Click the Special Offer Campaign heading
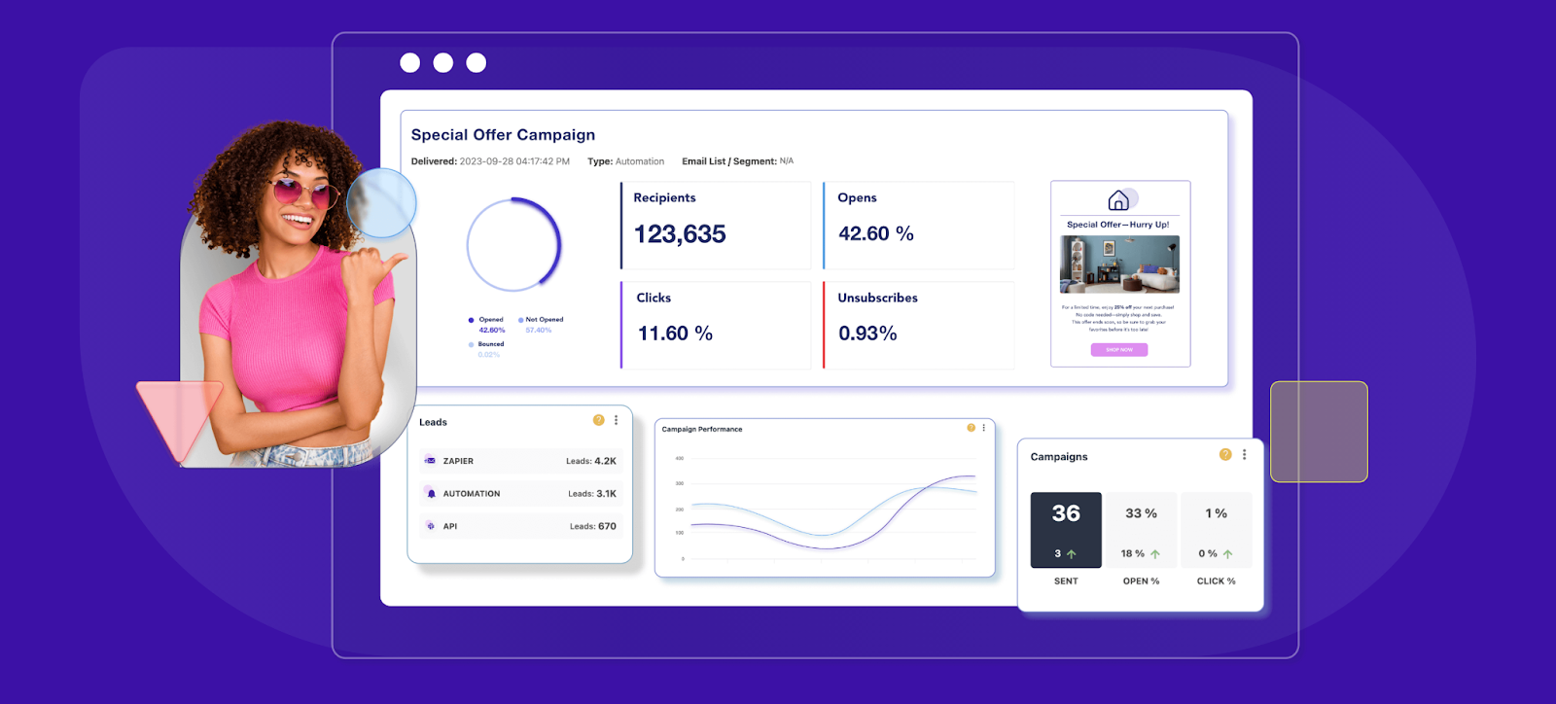pos(503,135)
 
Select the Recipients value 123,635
pos(680,234)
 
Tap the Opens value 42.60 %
pos(875,233)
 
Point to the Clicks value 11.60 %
pos(675,334)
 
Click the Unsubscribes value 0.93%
pos(867,334)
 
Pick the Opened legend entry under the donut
pos(489,320)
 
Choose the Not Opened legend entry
pos(543,320)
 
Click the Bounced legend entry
pos(489,344)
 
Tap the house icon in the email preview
pos(1118,200)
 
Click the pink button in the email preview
pos(1119,350)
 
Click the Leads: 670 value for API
pos(592,526)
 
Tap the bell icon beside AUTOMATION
pos(431,494)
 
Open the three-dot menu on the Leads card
pos(616,420)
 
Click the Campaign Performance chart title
pos(701,429)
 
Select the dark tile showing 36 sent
pos(1066,529)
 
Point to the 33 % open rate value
pos(1141,513)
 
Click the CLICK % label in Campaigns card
pos(1216,581)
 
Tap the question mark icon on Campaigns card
pos(1225,454)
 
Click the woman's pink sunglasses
pos(297,191)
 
